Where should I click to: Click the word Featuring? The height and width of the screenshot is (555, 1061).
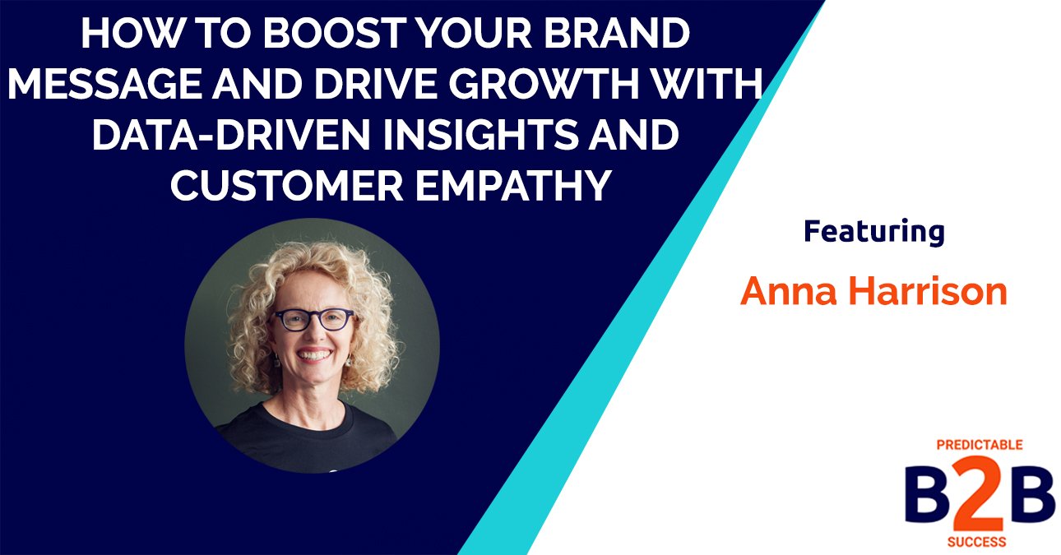click(x=873, y=233)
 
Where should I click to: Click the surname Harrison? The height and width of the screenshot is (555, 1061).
click(x=930, y=292)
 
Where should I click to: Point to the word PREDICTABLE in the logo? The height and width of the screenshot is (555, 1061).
click(x=980, y=445)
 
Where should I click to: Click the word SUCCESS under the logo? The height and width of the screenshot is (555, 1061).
click(x=980, y=542)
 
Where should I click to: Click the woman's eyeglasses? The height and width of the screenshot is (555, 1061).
click(x=313, y=320)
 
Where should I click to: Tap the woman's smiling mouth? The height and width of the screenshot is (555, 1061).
click(x=316, y=355)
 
